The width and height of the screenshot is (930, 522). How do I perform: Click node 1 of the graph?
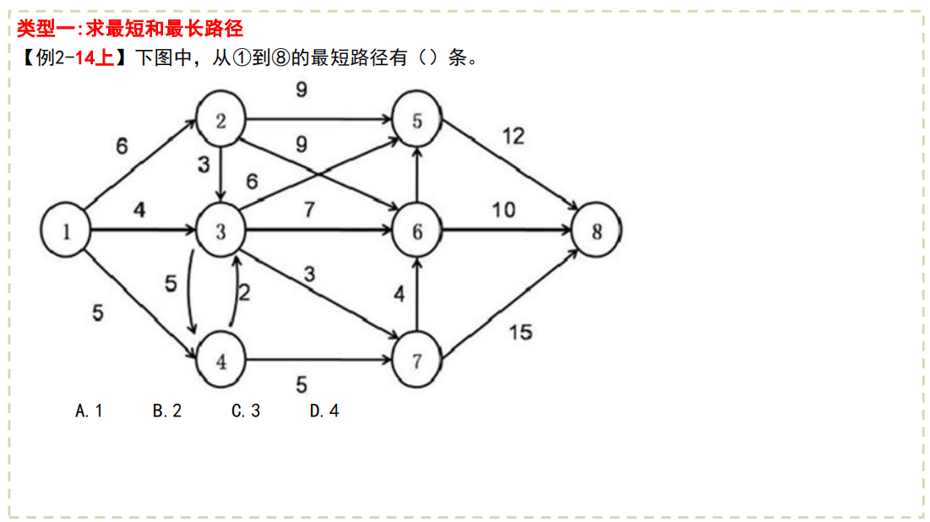point(66,231)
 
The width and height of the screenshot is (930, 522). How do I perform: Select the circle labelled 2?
point(220,121)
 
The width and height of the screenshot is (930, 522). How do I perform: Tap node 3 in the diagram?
point(220,231)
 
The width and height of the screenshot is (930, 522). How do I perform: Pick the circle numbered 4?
point(220,362)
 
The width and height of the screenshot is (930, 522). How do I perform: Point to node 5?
point(417,121)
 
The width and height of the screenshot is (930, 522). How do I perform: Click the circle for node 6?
point(417,231)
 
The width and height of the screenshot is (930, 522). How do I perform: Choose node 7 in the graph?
point(417,362)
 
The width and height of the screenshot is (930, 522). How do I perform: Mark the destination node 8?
point(596,231)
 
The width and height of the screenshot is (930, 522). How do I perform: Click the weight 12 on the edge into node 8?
point(514,136)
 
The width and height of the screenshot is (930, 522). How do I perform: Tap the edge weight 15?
point(520,332)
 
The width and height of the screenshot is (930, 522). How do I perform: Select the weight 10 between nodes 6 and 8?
point(503,209)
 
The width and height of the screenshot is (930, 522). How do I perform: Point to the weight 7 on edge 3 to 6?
point(309,209)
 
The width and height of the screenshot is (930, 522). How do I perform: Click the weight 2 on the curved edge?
point(244,293)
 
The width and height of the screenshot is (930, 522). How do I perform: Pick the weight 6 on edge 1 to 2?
point(122,146)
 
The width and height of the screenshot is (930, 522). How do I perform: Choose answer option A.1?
point(89,411)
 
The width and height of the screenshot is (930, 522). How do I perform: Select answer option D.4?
point(324,411)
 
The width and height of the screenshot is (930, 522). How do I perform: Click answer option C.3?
point(246,411)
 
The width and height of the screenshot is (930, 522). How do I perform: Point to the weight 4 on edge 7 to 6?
point(400,295)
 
